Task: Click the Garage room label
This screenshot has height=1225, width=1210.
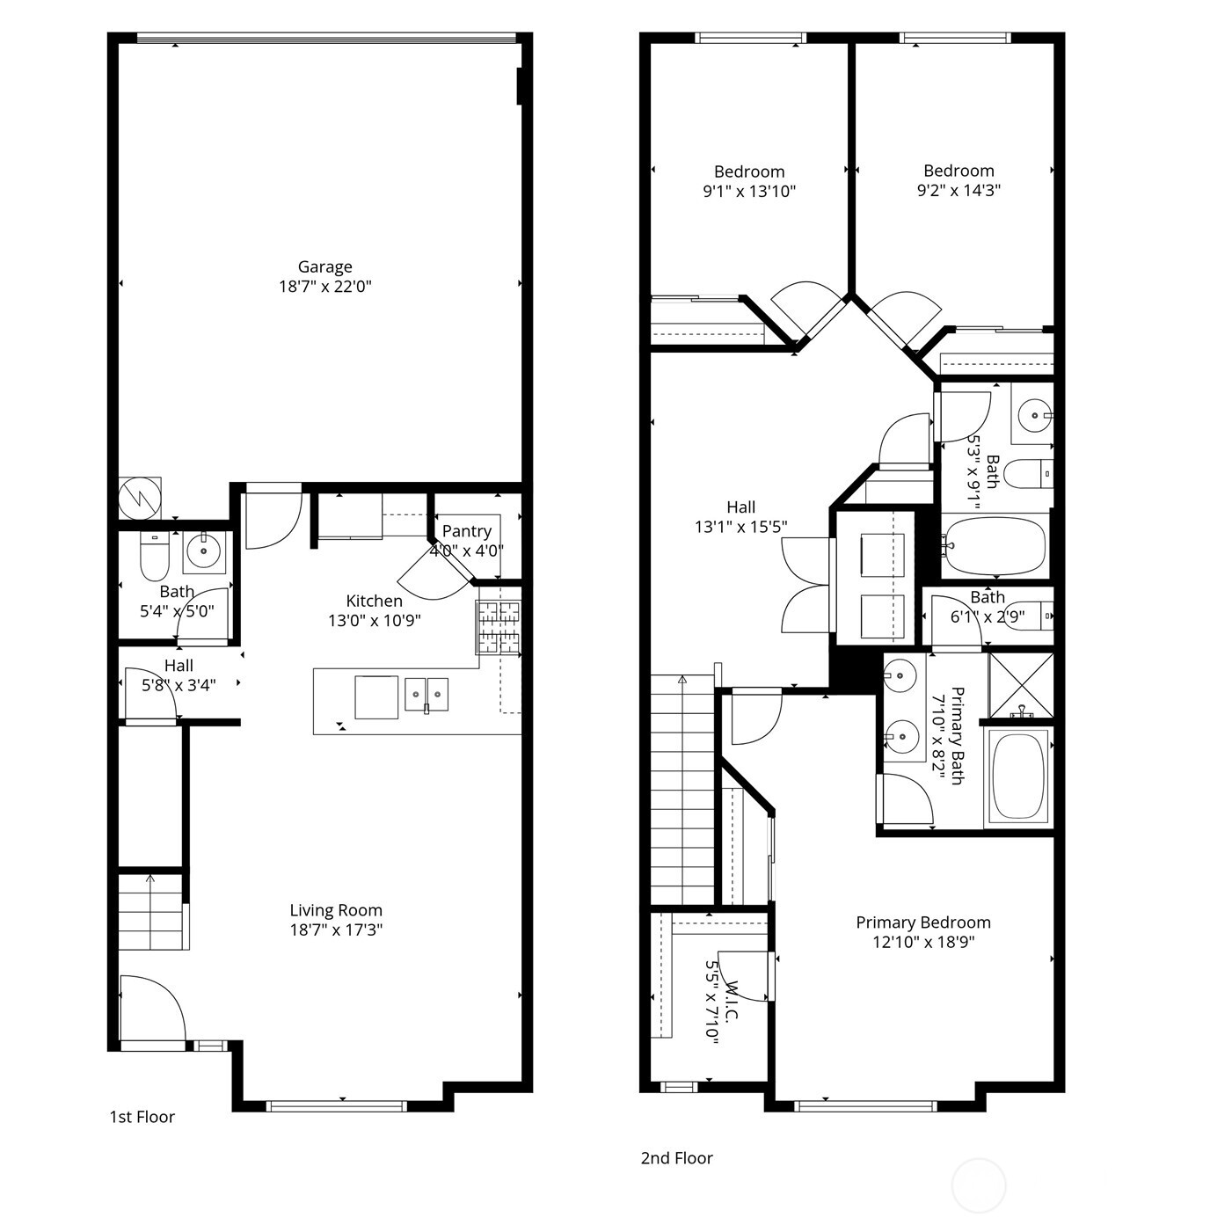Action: coord(324,266)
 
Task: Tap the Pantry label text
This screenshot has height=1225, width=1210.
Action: coord(466,531)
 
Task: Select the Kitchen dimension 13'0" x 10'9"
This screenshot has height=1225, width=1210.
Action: coord(374,621)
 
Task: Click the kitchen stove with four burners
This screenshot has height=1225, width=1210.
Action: coord(499,627)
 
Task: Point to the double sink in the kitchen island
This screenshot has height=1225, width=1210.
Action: coord(426,694)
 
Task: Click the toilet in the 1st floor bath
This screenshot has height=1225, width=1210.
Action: coord(154,557)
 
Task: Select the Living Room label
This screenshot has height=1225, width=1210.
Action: coord(336,910)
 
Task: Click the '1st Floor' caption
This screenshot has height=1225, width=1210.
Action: coord(142,1117)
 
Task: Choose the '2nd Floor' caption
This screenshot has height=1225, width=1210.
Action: coord(676,1158)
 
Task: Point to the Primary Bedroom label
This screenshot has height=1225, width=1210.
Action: coord(923,922)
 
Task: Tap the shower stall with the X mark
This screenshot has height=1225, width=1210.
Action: coord(1020,683)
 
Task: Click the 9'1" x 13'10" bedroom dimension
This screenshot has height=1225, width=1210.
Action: coord(749,191)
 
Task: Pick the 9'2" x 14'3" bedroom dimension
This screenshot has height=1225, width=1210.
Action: coord(959,190)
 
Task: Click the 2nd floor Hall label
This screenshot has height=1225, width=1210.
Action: coord(740,507)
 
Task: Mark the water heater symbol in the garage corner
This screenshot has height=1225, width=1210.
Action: coord(140,499)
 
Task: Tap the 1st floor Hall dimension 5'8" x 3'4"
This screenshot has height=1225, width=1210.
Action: coord(179,685)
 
